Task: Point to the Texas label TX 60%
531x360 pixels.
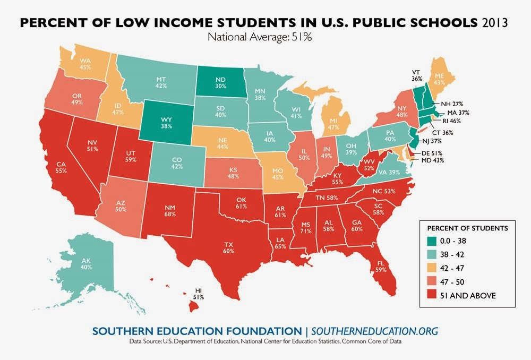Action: pyautogui.click(x=228, y=248)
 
